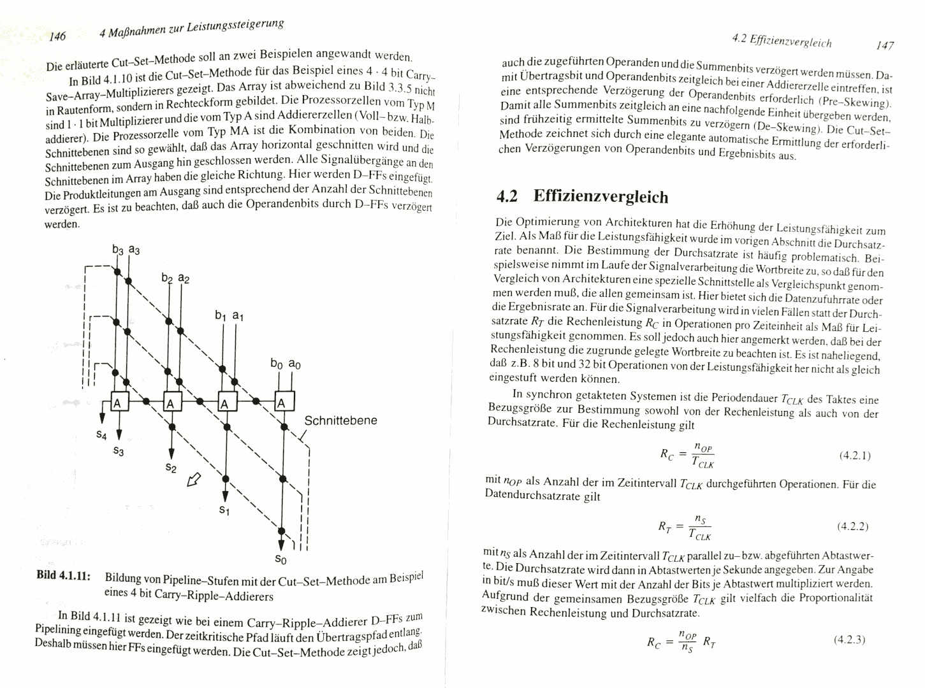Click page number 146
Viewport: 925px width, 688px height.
click(x=57, y=36)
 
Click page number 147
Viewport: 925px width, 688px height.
click(x=885, y=45)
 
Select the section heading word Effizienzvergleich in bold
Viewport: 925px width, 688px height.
click(x=601, y=196)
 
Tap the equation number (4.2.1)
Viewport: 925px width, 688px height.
click(x=855, y=455)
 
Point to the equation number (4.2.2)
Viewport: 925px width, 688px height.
click(x=852, y=526)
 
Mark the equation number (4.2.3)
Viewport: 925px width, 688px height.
click(x=849, y=640)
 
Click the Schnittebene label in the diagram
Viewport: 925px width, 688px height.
click(x=340, y=420)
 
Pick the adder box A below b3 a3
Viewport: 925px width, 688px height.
click(x=119, y=403)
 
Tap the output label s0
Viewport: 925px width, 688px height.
click(x=280, y=560)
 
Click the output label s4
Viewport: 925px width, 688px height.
click(x=101, y=434)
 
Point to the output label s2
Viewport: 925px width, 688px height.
click(x=171, y=468)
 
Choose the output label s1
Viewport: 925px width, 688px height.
click(x=224, y=510)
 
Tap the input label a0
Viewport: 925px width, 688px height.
click(x=295, y=364)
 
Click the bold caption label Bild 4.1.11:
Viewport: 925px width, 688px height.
click(x=62, y=575)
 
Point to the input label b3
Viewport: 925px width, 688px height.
click(x=117, y=250)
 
